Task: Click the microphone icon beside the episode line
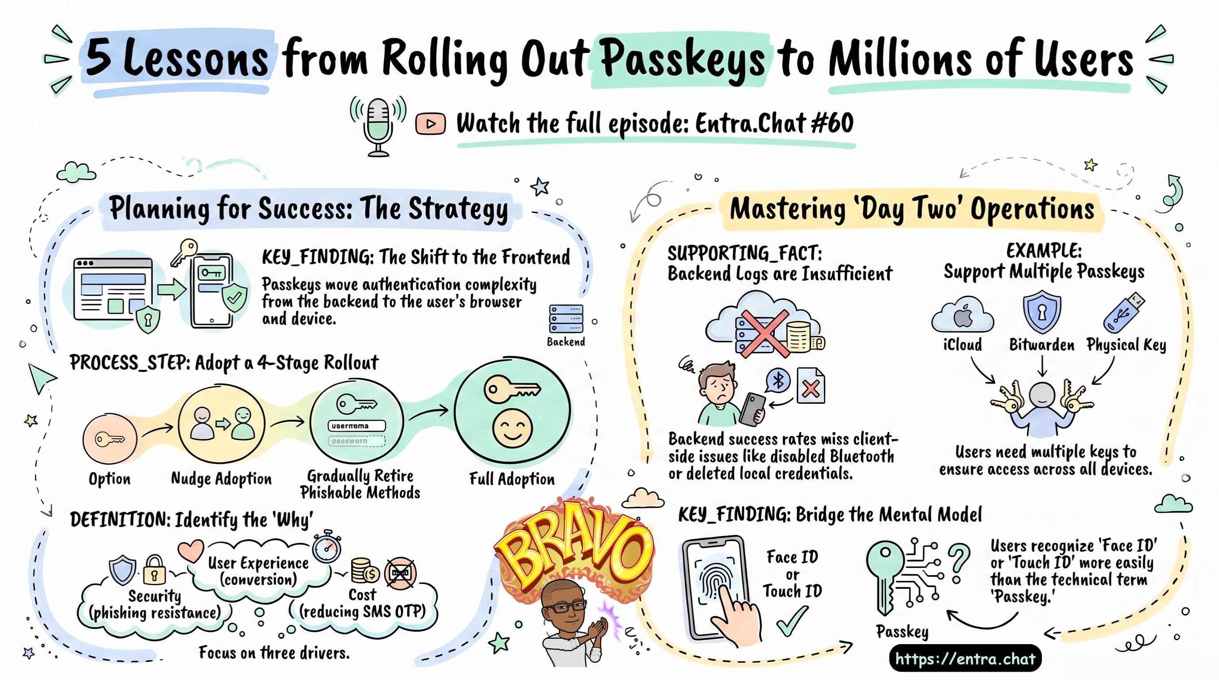point(378,126)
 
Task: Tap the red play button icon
point(430,124)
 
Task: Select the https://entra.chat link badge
point(965,658)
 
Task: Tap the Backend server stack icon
point(566,319)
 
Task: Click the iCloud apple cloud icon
point(963,315)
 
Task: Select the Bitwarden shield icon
point(1041,312)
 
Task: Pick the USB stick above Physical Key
point(1124,312)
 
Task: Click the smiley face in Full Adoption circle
point(512,429)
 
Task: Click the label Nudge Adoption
point(221,479)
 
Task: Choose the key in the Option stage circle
point(110,439)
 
